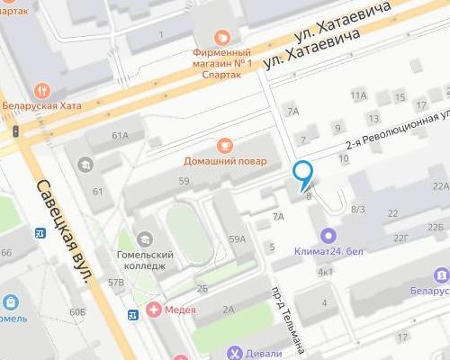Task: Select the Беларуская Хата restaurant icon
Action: point(40,90)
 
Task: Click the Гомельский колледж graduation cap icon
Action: point(145,239)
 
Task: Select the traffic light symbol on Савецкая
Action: point(15,131)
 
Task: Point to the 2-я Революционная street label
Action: point(396,134)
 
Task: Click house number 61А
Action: point(121,135)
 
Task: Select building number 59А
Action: point(237,238)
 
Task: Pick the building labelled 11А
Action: point(359,95)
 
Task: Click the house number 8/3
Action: point(357,209)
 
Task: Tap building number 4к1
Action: point(325,271)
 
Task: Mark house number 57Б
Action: point(115,282)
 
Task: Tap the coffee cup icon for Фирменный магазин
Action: point(221,37)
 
